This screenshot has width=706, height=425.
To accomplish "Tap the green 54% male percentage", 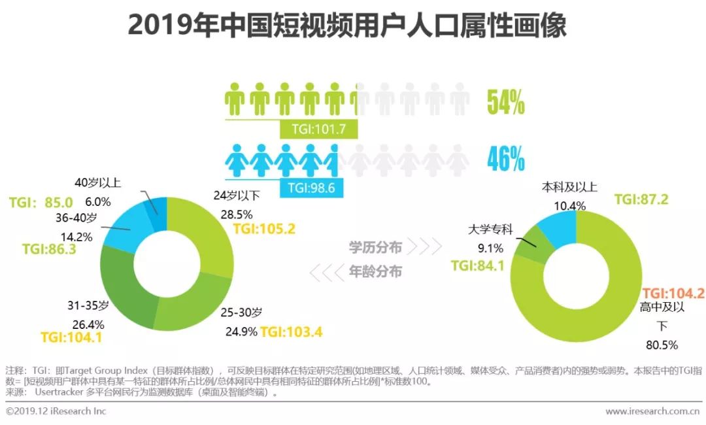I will click(x=506, y=103).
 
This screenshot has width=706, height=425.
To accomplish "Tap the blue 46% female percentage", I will click(x=506, y=159).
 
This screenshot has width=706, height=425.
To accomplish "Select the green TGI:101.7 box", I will click(x=318, y=129).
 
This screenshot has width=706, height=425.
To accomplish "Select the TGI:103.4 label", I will click(x=292, y=331).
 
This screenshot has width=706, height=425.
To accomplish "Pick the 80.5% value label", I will click(x=661, y=345).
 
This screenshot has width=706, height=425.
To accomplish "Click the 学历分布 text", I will click(x=375, y=246).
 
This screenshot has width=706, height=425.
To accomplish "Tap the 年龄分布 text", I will click(x=375, y=271).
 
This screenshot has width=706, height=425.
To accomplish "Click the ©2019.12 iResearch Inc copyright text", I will click(x=56, y=411).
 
